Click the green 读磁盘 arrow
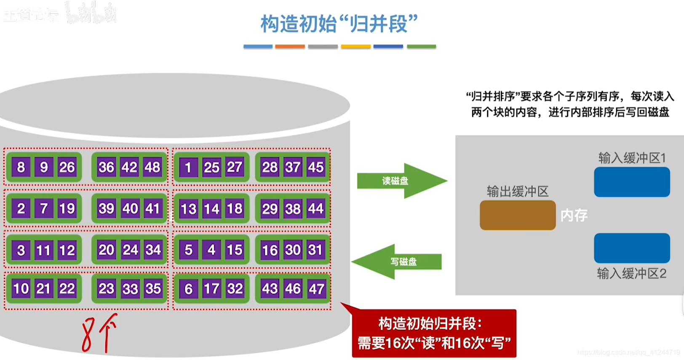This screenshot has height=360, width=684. [400, 181]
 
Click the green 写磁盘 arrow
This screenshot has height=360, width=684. [398, 261]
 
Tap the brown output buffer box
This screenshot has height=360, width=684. [517, 215]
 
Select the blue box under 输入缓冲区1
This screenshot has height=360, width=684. [632, 182]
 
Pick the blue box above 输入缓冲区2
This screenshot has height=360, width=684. [632, 248]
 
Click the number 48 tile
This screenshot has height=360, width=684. [152, 167]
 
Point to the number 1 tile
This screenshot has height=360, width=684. [188, 168]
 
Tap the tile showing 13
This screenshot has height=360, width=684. [188, 209]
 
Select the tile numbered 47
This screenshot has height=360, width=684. [316, 289]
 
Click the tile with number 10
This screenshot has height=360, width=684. [21, 289]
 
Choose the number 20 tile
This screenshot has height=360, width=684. [106, 250]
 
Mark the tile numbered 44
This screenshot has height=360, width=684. [316, 209]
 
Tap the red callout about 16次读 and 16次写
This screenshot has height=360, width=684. [434, 333]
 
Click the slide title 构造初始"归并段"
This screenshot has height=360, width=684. [339, 24]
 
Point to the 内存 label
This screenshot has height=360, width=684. [574, 216]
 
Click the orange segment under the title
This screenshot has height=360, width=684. [290, 47]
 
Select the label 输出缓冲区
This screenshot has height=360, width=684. [518, 192]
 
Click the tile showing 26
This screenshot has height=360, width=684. [67, 168]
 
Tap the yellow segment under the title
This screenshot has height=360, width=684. [355, 47]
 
